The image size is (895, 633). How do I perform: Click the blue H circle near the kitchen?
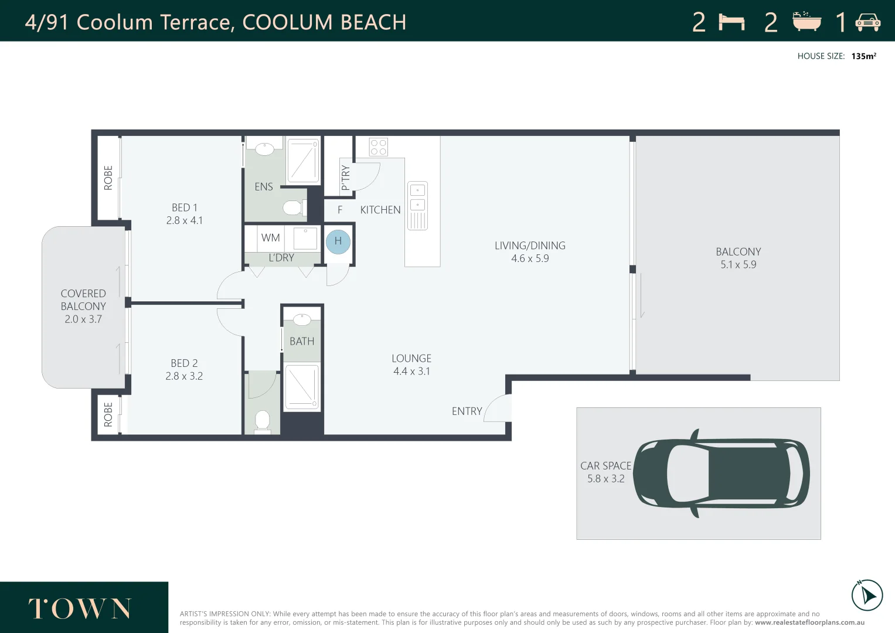click(338, 241)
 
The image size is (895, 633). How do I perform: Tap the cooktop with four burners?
click(378, 147)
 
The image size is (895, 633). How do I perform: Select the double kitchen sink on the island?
click(417, 206)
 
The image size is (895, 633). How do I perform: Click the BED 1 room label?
click(184, 207)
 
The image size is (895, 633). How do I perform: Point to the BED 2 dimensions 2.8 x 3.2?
click(184, 376)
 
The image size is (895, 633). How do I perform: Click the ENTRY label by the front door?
click(467, 411)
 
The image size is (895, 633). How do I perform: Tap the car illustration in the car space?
click(722, 474)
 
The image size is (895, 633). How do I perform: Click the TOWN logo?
click(80, 608)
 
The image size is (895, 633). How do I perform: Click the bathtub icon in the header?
click(806, 22)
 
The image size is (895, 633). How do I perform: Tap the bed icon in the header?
click(731, 22)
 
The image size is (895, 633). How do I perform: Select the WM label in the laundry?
click(271, 238)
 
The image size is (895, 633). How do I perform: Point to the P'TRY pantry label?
click(346, 178)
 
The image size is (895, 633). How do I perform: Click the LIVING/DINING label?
click(530, 246)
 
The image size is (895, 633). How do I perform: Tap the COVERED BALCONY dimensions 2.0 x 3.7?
click(83, 319)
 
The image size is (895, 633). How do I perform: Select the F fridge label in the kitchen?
click(340, 210)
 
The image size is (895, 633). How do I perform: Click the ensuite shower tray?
click(303, 160)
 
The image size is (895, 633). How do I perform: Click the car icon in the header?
click(867, 22)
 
